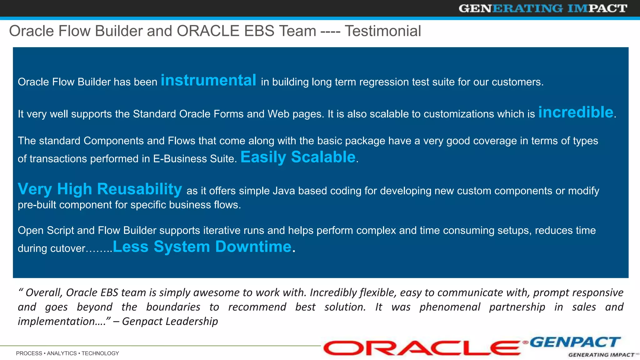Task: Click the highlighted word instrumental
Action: tap(208, 80)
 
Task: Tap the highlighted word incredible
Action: tap(576, 112)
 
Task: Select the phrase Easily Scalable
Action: tap(298, 157)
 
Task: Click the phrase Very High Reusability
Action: tap(100, 189)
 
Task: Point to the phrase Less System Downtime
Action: tap(202, 247)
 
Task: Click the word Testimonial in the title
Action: tap(383, 31)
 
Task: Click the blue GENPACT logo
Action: tap(575, 342)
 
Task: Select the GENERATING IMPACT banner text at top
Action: tap(543, 8)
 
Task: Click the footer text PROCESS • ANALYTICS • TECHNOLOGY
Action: tap(67, 353)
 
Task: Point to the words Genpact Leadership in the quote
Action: tap(170, 321)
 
